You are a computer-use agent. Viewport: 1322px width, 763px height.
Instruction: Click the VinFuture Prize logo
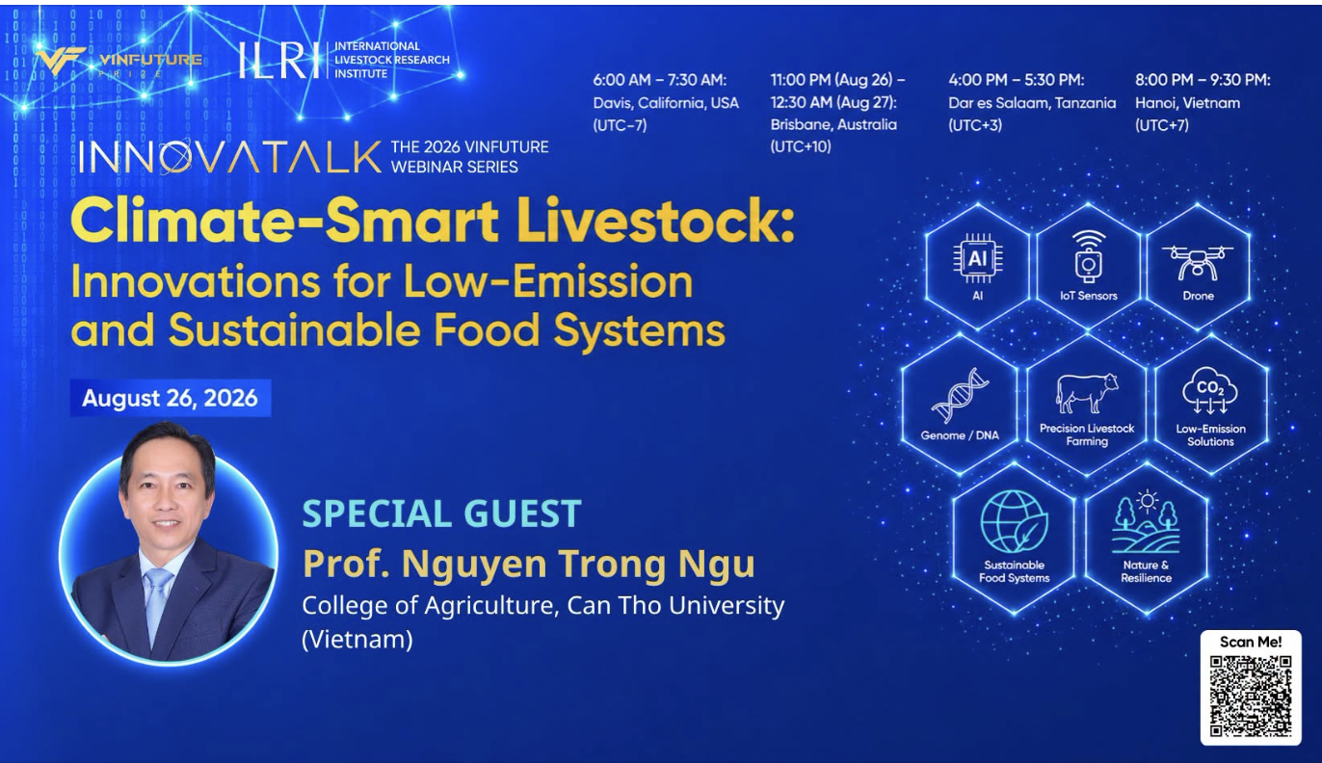point(118,62)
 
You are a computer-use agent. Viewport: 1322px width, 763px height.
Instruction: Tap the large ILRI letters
point(275,60)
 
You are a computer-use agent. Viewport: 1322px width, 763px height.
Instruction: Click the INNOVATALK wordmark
point(230,157)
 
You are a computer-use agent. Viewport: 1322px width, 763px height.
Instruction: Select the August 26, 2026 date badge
point(170,398)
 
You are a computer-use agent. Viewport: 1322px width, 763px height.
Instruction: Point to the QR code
point(1251,696)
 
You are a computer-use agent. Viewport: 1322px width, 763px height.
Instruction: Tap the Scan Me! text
point(1251,642)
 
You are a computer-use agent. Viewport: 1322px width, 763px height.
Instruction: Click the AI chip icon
point(977,259)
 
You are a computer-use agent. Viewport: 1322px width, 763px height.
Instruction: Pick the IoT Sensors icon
point(1088,257)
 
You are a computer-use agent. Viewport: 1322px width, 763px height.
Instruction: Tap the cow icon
point(1086,392)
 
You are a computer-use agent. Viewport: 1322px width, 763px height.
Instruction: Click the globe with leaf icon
point(1014,522)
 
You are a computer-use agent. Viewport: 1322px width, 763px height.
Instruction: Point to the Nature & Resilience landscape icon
point(1146,521)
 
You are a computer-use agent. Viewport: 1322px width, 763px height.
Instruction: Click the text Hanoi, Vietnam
point(1187,103)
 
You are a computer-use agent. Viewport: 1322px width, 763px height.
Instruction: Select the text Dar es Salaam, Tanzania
point(1032,103)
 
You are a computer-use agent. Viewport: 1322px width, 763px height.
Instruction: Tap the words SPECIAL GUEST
point(441,513)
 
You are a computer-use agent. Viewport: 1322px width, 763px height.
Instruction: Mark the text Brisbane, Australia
point(833,124)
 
